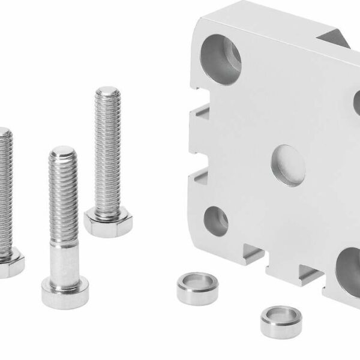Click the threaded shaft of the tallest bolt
pyautogui.click(x=109, y=150)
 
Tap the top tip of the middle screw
pyautogui.click(x=62, y=150)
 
